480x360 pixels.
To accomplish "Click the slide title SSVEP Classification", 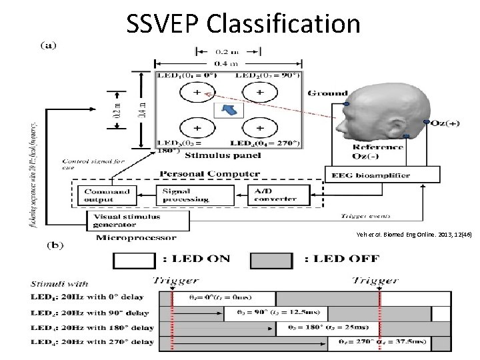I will point(243,24).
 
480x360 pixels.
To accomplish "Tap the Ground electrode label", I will point(327,93).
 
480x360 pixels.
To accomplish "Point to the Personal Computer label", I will point(209,174).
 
